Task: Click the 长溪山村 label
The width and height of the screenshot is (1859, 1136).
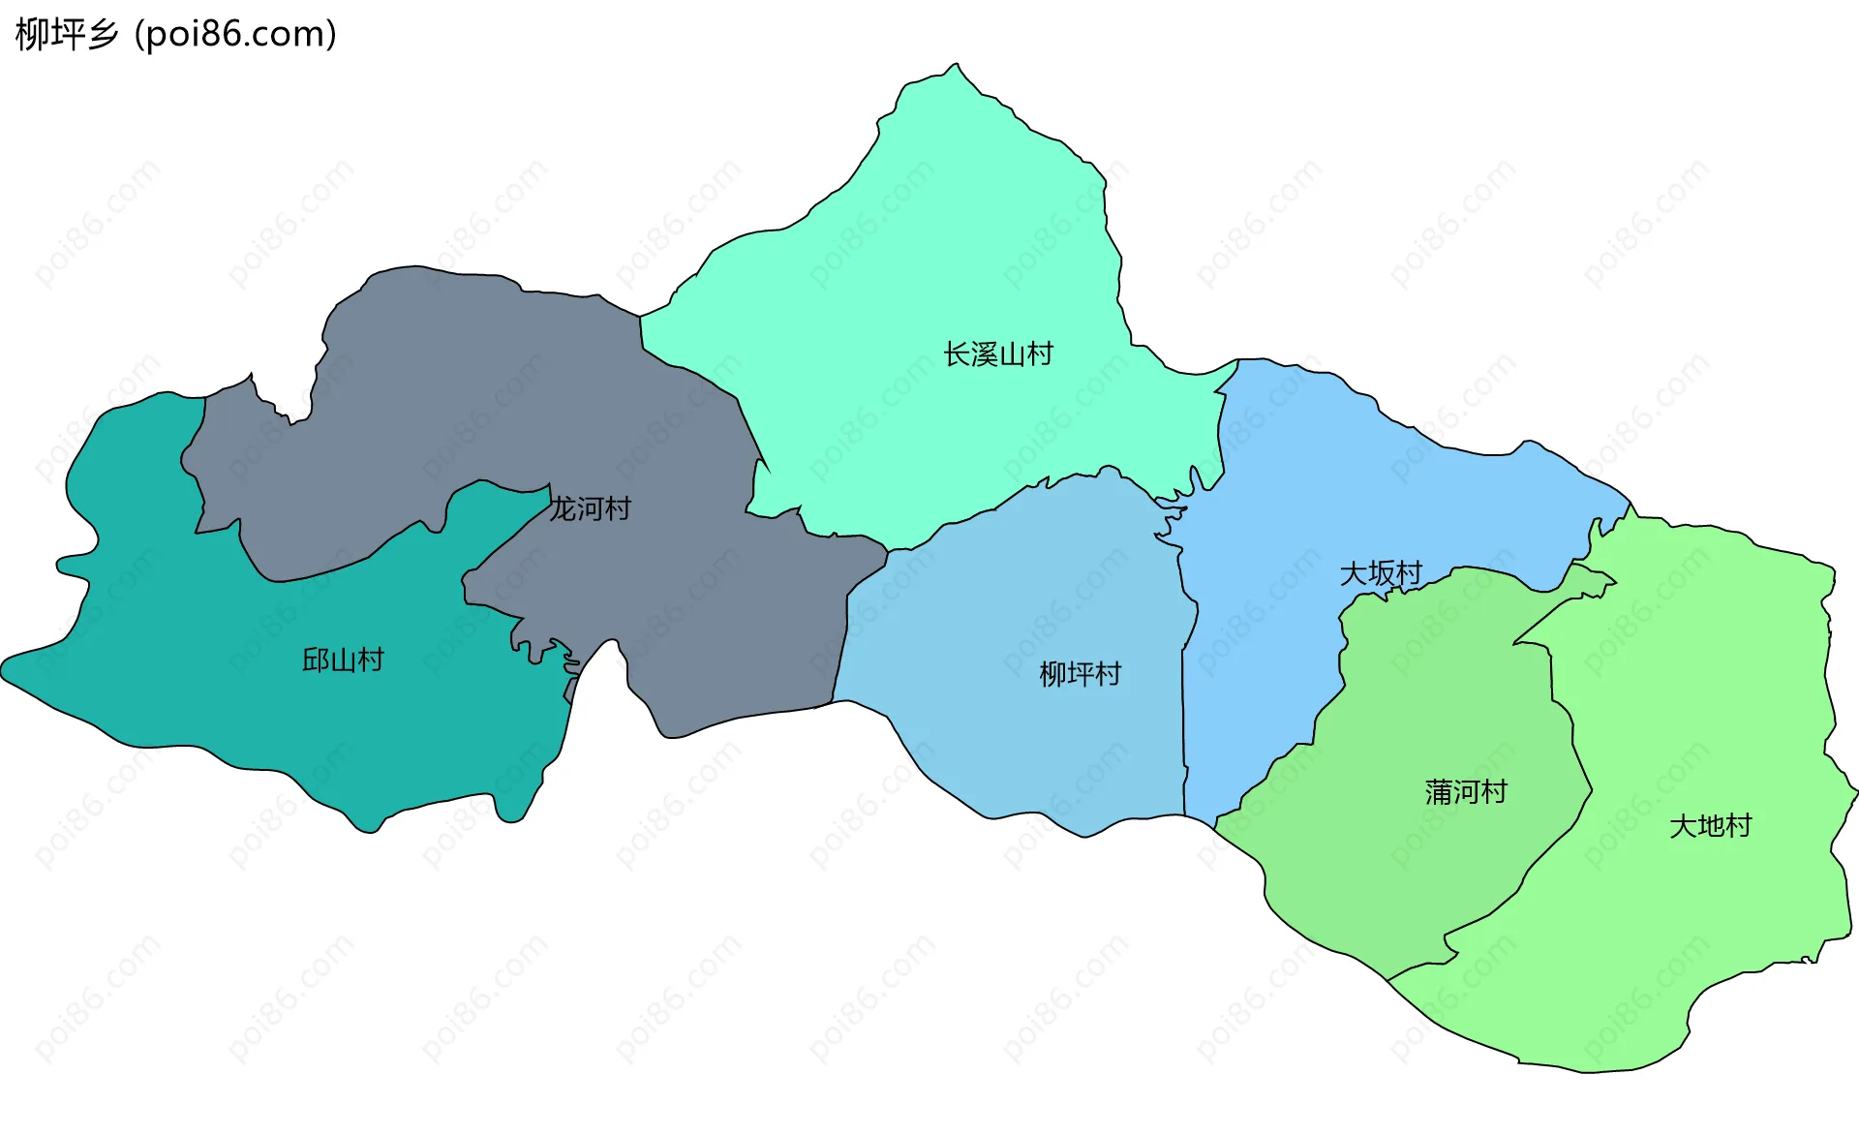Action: click(x=998, y=354)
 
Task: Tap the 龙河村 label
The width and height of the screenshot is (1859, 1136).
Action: click(x=590, y=508)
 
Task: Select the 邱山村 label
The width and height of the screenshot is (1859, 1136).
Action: click(x=343, y=660)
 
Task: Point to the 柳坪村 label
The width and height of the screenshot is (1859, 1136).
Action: click(x=1080, y=674)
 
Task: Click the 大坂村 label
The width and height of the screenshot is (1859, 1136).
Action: click(x=1381, y=573)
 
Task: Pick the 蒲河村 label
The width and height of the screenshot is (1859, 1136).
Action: click(x=1466, y=792)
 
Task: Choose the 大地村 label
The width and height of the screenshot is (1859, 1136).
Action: click(x=1711, y=826)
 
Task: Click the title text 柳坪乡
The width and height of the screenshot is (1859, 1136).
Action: click(x=67, y=35)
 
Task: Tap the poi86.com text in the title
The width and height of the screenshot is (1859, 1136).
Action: click(x=235, y=35)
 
